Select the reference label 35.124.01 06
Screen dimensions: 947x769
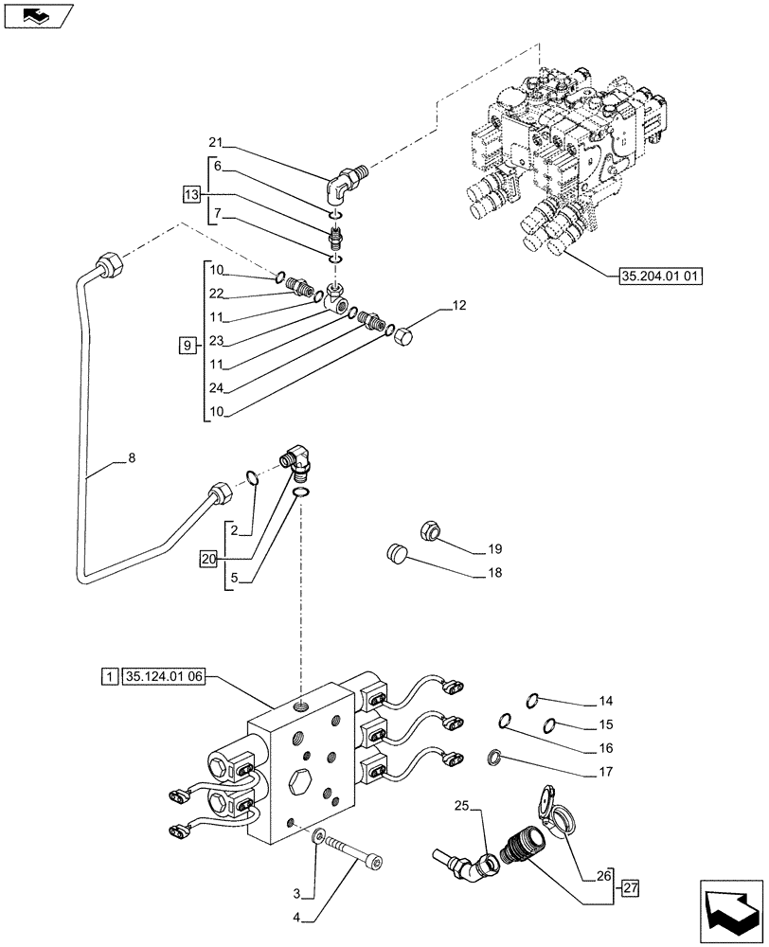click(x=164, y=677)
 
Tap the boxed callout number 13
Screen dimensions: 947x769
click(x=192, y=194)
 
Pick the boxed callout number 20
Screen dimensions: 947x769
click(x=208, y=559)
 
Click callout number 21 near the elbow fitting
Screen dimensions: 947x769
click(x=216, y=142)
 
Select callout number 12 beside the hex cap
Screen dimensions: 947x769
click(x=459, y=306)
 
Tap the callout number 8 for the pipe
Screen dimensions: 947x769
click(x=131, y=458)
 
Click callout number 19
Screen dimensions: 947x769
click(x=495, y=549)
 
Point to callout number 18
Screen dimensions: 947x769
click(x=495, y=573)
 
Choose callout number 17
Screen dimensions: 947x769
click(x=605, y=772)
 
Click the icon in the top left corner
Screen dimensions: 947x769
click(x=39, y=15)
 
